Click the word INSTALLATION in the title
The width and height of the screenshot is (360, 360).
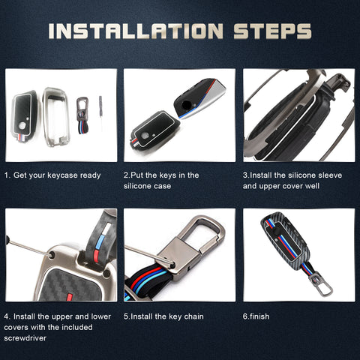(136, 31)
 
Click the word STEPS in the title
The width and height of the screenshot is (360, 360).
(273, 31)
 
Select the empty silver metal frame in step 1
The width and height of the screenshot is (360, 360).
(56, 117)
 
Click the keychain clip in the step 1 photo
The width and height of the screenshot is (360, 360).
(82, 115)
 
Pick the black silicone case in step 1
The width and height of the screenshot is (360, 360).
(24, 117)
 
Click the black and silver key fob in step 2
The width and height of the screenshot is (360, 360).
(199, 98)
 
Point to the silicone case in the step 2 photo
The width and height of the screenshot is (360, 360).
(154, 130)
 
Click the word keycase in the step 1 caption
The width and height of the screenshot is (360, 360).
(59, 175)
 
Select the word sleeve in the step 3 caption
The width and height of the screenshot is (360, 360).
(330, 175)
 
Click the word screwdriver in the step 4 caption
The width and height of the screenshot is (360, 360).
(25, 338)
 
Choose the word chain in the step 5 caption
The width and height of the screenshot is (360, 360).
(193, 316)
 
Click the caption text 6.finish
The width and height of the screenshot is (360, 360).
(256, 316)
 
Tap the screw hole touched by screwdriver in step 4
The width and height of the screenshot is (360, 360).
(52, 255)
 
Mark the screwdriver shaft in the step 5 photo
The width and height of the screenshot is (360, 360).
(148, 254)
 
